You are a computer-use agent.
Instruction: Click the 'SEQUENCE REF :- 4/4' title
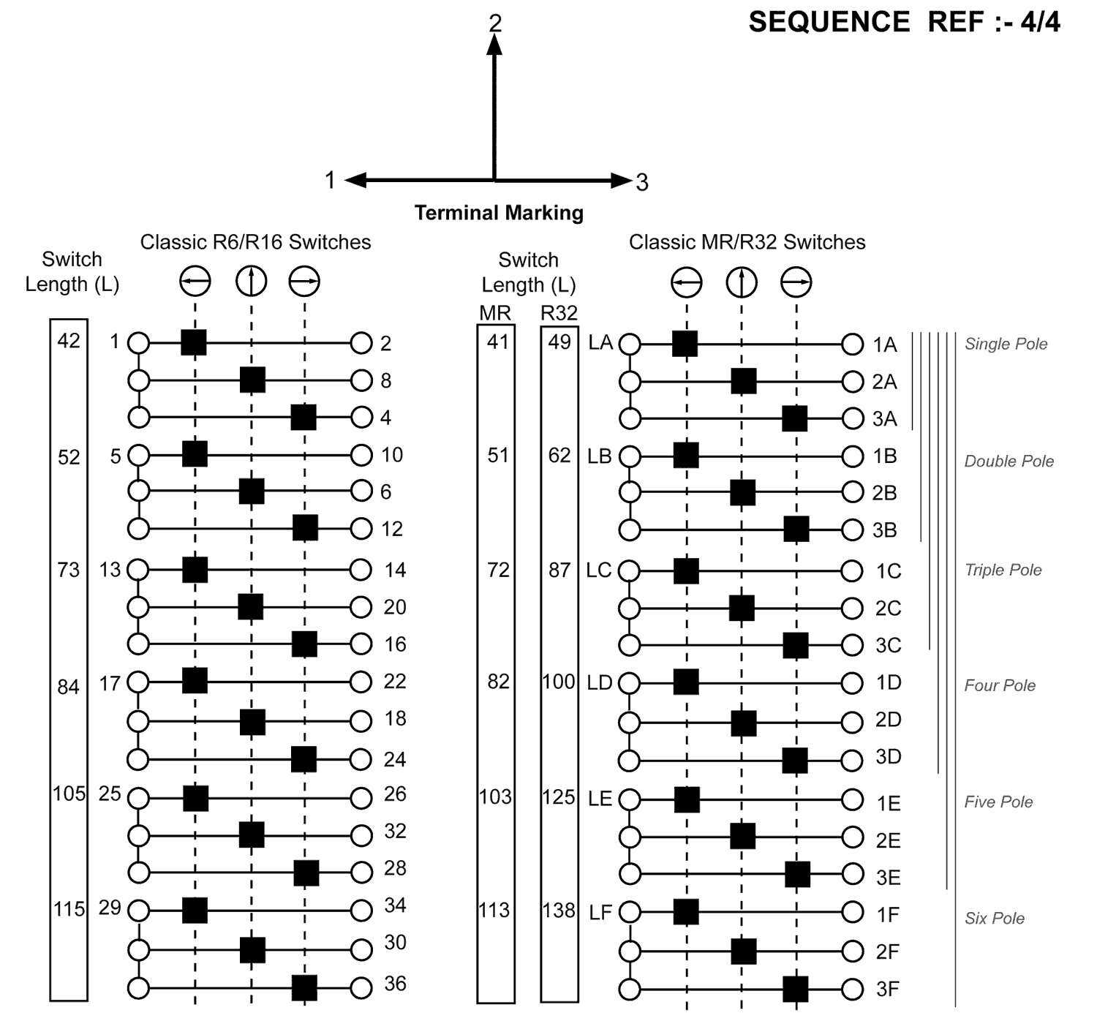click(904, 23)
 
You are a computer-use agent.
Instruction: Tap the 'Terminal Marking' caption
click(499, 213)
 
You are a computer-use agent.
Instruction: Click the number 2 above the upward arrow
click(495, 23)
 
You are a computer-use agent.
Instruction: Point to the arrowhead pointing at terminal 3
click(622, 180)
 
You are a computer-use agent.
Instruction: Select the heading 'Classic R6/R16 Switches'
click(255, 242)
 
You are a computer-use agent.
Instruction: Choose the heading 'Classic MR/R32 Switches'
click(747, 242)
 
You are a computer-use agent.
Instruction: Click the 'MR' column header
click(495, 313)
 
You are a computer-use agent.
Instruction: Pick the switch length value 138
click(559, 911)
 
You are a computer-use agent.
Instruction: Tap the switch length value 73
click(69, 570)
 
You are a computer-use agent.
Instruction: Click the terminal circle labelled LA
click(630, 344)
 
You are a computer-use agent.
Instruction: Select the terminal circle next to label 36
click(361, 988)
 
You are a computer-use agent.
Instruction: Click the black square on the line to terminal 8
click(252, 380)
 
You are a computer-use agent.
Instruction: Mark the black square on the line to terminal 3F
click(796, 989)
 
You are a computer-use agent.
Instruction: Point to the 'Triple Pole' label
click(1003, 570)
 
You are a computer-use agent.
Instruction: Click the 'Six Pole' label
click(995, 918)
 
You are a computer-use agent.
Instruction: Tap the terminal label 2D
click(889, 720)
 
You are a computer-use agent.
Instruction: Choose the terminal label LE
click(600, 799)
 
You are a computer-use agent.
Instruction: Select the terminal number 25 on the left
click(110, 794)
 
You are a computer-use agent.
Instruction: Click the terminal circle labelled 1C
click(852, 570)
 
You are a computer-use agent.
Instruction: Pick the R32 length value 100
click(559, 682)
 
